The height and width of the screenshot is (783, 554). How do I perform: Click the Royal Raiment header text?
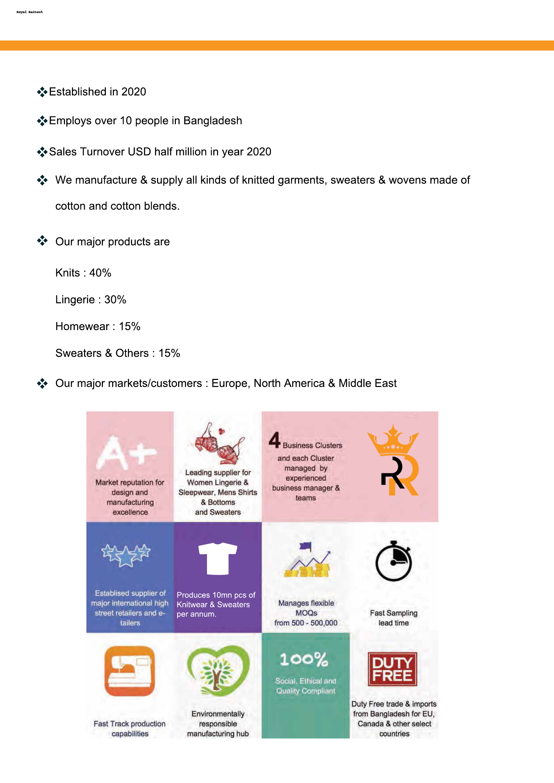30,12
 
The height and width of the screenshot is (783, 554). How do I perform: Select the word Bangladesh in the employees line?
213,121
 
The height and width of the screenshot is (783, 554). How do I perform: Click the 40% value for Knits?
100,273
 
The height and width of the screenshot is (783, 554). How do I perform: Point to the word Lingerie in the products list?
75,299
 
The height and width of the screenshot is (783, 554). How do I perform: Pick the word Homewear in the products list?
82,326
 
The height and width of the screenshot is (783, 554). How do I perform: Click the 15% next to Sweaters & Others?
169,353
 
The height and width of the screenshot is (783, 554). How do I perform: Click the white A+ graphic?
126,452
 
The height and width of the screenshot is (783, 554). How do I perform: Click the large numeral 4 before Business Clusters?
274,440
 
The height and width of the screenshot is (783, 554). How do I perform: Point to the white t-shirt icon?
218,558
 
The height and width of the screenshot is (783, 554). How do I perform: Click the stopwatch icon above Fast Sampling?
394,561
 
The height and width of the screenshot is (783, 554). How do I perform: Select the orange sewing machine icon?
130,671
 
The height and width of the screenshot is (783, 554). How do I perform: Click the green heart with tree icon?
218,671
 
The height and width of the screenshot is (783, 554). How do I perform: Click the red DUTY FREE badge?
392,669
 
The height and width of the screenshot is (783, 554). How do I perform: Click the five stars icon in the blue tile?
126,554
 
